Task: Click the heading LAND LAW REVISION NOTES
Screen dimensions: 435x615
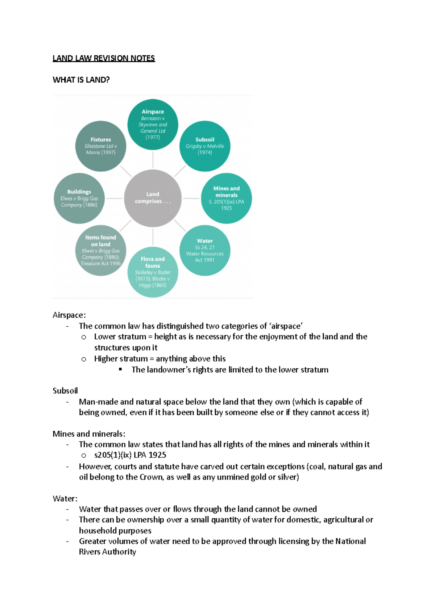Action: [104, 58]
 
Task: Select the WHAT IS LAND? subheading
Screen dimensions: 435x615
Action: [81, 80]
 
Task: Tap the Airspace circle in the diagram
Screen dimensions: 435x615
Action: [153, 124]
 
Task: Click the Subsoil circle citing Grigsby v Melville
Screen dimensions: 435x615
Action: [205, 146]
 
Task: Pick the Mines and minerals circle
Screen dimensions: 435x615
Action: [226, 198]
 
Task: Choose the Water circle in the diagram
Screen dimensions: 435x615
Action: [205, 250]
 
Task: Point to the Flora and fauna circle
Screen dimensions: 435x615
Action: [153, 272]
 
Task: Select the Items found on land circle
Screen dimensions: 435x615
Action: [101, 251]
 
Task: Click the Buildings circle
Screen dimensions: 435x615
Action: [79, 198]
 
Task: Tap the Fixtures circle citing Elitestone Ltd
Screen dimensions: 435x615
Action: [101, 146]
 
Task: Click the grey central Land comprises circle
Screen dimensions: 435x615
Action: [153, 198]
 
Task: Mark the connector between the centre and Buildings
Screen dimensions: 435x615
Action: [114, 198]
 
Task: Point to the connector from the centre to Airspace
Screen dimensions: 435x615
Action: [153, 160]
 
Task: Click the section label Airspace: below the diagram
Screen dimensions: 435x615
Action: [69, 315]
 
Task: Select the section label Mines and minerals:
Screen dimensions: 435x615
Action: [89, 434]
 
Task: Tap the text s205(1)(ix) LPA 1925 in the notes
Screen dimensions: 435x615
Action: [130, 455]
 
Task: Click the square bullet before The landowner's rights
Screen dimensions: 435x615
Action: [121, 370]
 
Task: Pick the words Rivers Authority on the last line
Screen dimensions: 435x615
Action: [107, 552]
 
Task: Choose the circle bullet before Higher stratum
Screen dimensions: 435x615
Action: [84, 359]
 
